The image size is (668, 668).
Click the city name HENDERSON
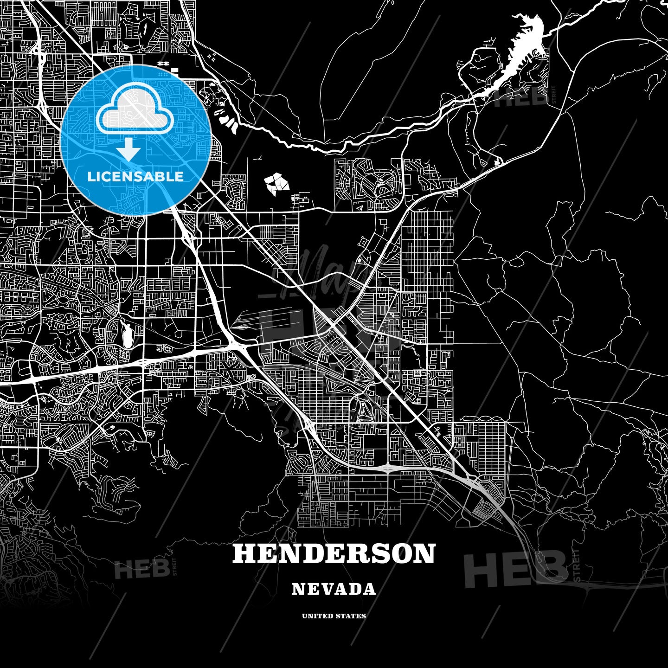point(334,553)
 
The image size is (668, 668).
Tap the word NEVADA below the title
point(334,589)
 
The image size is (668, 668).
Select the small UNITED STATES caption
point(334,616)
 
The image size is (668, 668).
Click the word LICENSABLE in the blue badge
point(135,176)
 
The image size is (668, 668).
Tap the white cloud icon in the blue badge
point(135,111)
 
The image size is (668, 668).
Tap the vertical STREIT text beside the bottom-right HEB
point(577,566)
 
